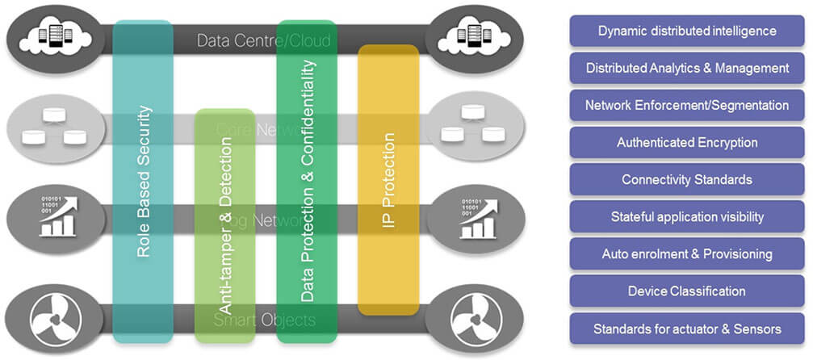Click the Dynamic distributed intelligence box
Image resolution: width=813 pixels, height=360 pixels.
(687, 31)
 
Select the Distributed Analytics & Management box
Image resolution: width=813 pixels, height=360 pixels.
(687, 69)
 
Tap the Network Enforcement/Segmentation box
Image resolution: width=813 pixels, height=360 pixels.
(687, 106)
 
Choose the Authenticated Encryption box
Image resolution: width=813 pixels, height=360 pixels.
(687, 143)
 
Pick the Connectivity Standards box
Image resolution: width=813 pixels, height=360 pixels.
(687, 179)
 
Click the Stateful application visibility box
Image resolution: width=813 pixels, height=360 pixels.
(687, 216)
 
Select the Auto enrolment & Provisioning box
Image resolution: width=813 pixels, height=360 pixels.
(687, 253)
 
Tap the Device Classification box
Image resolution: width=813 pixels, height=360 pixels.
(687, 291)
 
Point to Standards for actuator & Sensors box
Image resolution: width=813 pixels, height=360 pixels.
(687, 329)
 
